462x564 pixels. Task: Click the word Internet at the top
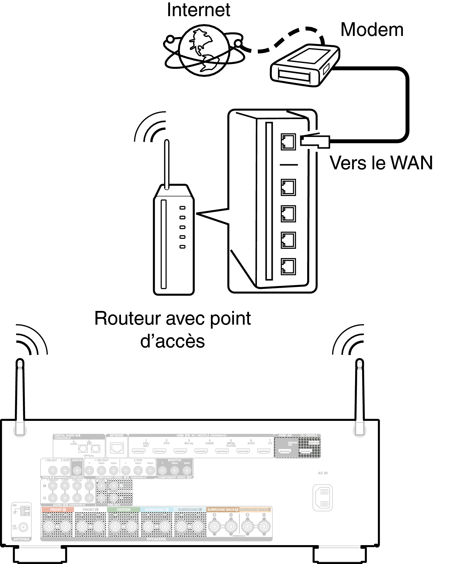(198, 10)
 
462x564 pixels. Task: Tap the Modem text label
(372, 30)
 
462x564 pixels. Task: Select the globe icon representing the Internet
(204, 51)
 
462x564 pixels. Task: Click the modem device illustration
(305, 65)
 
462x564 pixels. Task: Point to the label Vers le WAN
(381, 163)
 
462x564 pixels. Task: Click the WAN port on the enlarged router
(288, 142)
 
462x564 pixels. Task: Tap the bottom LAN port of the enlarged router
(288, 266)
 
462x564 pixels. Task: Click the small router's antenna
(167, 164)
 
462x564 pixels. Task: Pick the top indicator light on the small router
(183, 208)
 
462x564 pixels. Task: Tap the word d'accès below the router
(172, 341)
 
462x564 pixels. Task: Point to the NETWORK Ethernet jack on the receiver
(117, 448)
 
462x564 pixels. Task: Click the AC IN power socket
(322, 498)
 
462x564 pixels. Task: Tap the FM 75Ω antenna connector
(23, 527)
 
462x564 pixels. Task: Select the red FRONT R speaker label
(57, 509)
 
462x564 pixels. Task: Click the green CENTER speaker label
(123, 509)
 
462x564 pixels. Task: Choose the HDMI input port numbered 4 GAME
(201, 451)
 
